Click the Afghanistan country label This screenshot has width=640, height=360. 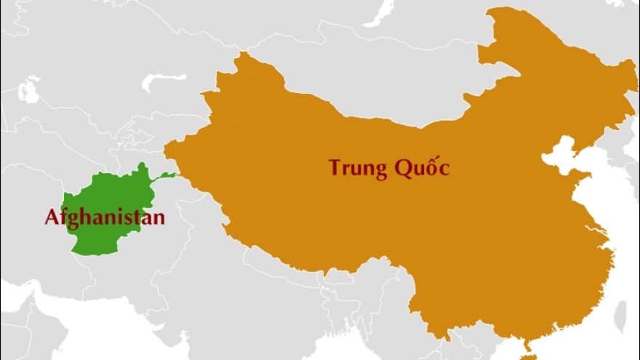(105, 217)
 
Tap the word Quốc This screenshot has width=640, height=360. (422, 168)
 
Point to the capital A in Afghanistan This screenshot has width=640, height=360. (52, 217)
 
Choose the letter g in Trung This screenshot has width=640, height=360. (376, 171)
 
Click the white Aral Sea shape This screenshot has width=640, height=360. (29, 90)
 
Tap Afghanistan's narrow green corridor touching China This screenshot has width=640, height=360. (161, 176)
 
